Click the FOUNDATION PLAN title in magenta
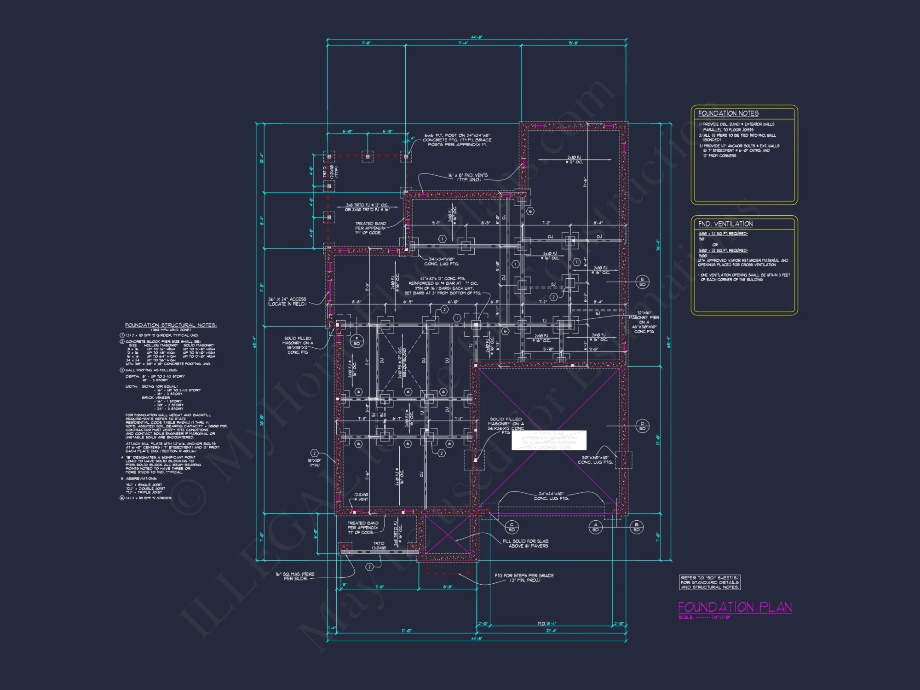pyautogui.click(x=735, y=607)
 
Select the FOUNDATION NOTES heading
pyautogui.click(x=728, y=113)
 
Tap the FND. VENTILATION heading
pyautogui.click(x=725, y=224)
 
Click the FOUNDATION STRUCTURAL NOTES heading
pyautogui.click(x=171, y=325)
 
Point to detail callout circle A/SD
pyautogui.click(x=595, y=527)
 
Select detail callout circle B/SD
pyautogui.click(x=637, y=527)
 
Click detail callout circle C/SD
pyautogui.click(x=512, y=527)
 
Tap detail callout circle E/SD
pyautogui.click(x=642, y=282)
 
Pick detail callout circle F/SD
pyautogui.click(x=356, y=341)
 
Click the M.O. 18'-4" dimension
pyautogui.click(x=547, y=624)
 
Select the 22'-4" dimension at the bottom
pyautogui.click(x=551, y=631)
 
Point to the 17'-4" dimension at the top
pyautogui.click(x=463, y=43)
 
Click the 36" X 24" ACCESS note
pyautogui.click(x=287, y=301)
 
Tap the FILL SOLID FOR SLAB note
pyautogui.click(x=525, y=543)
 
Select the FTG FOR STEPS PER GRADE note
pyautogui.click(x=524, y=578)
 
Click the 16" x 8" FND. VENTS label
pyautogui.click(x=468, y=177)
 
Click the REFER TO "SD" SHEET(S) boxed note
pyautogui.click(x=710, y=582)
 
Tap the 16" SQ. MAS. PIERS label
pyautogui.click(x=295, y=576)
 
